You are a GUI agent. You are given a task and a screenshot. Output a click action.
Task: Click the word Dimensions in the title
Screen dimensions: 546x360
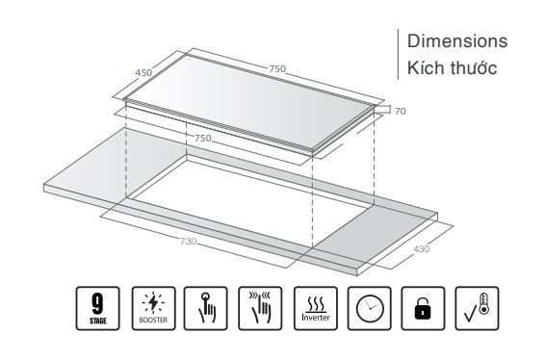(457, 41)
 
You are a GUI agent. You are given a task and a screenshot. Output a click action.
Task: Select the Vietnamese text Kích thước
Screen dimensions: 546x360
(452, 67)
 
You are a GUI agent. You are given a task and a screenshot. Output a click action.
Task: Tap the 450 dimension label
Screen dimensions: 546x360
(143, 73)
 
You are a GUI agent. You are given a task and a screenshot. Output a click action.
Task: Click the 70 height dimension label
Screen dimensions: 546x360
(401, 111)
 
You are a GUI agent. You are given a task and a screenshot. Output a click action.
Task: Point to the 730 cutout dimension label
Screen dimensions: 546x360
(188, 241)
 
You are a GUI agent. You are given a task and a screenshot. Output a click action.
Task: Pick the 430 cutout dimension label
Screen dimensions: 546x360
(422, 249)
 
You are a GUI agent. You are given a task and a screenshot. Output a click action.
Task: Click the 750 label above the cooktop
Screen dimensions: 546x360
(277, 68)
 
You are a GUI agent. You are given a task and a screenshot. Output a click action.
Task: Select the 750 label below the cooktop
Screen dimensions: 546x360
(203, 139)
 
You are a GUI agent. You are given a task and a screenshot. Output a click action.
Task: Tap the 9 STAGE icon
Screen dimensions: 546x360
(98, 308)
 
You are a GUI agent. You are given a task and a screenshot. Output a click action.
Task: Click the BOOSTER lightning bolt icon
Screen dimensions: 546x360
(153, 308)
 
